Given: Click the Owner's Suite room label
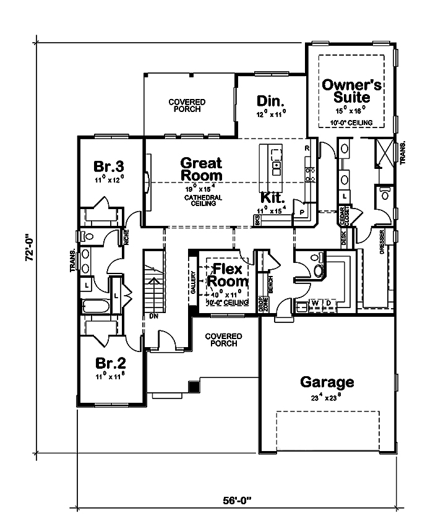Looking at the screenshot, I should point(352,91).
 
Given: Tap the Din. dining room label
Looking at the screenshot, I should point(270,101).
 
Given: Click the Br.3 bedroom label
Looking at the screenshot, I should point(109,166).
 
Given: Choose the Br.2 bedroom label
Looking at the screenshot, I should point(109,363).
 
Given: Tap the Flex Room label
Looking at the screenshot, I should point(230,275).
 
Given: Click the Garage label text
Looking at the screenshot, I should point(327,382).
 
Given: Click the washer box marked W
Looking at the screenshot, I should point(314,303).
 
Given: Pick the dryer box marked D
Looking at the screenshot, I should point(328,303).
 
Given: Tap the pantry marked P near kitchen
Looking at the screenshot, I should point(302,210).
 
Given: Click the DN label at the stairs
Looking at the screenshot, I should point(153,317).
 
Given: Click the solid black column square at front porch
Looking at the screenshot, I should point(194,386).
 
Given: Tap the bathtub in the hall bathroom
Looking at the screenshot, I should point(96,306).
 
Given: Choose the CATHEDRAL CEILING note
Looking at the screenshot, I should point(200,200).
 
